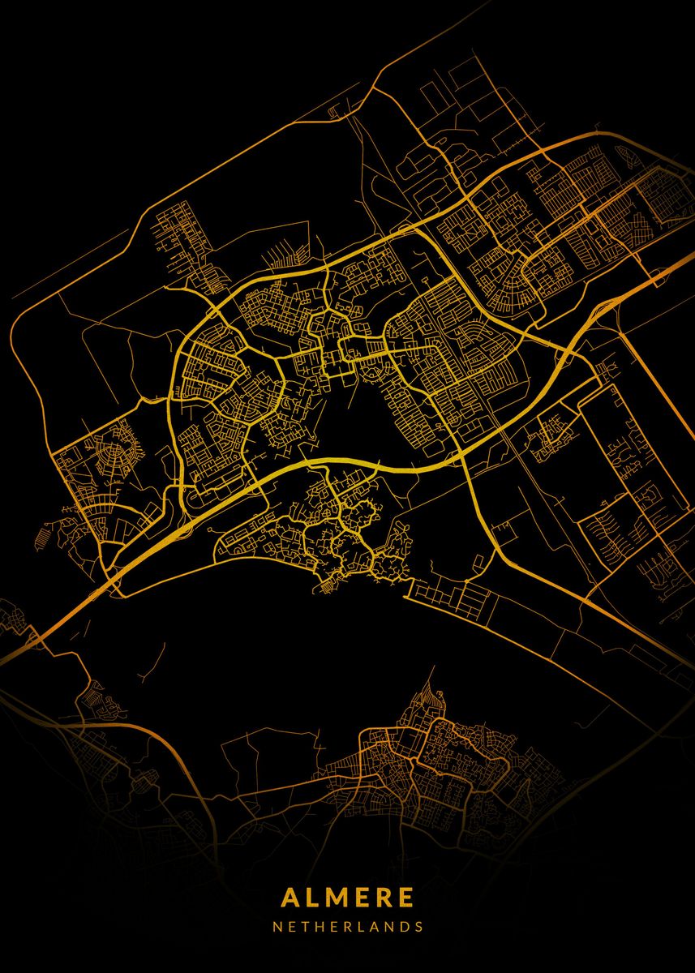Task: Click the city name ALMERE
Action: coord(348,898)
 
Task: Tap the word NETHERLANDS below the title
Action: coord(348,926)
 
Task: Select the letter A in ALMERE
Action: coord(290,898)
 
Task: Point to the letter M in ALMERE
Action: coord(333,898)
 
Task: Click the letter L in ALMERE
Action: coord(311,898)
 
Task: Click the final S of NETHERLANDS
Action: coord(419,926)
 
